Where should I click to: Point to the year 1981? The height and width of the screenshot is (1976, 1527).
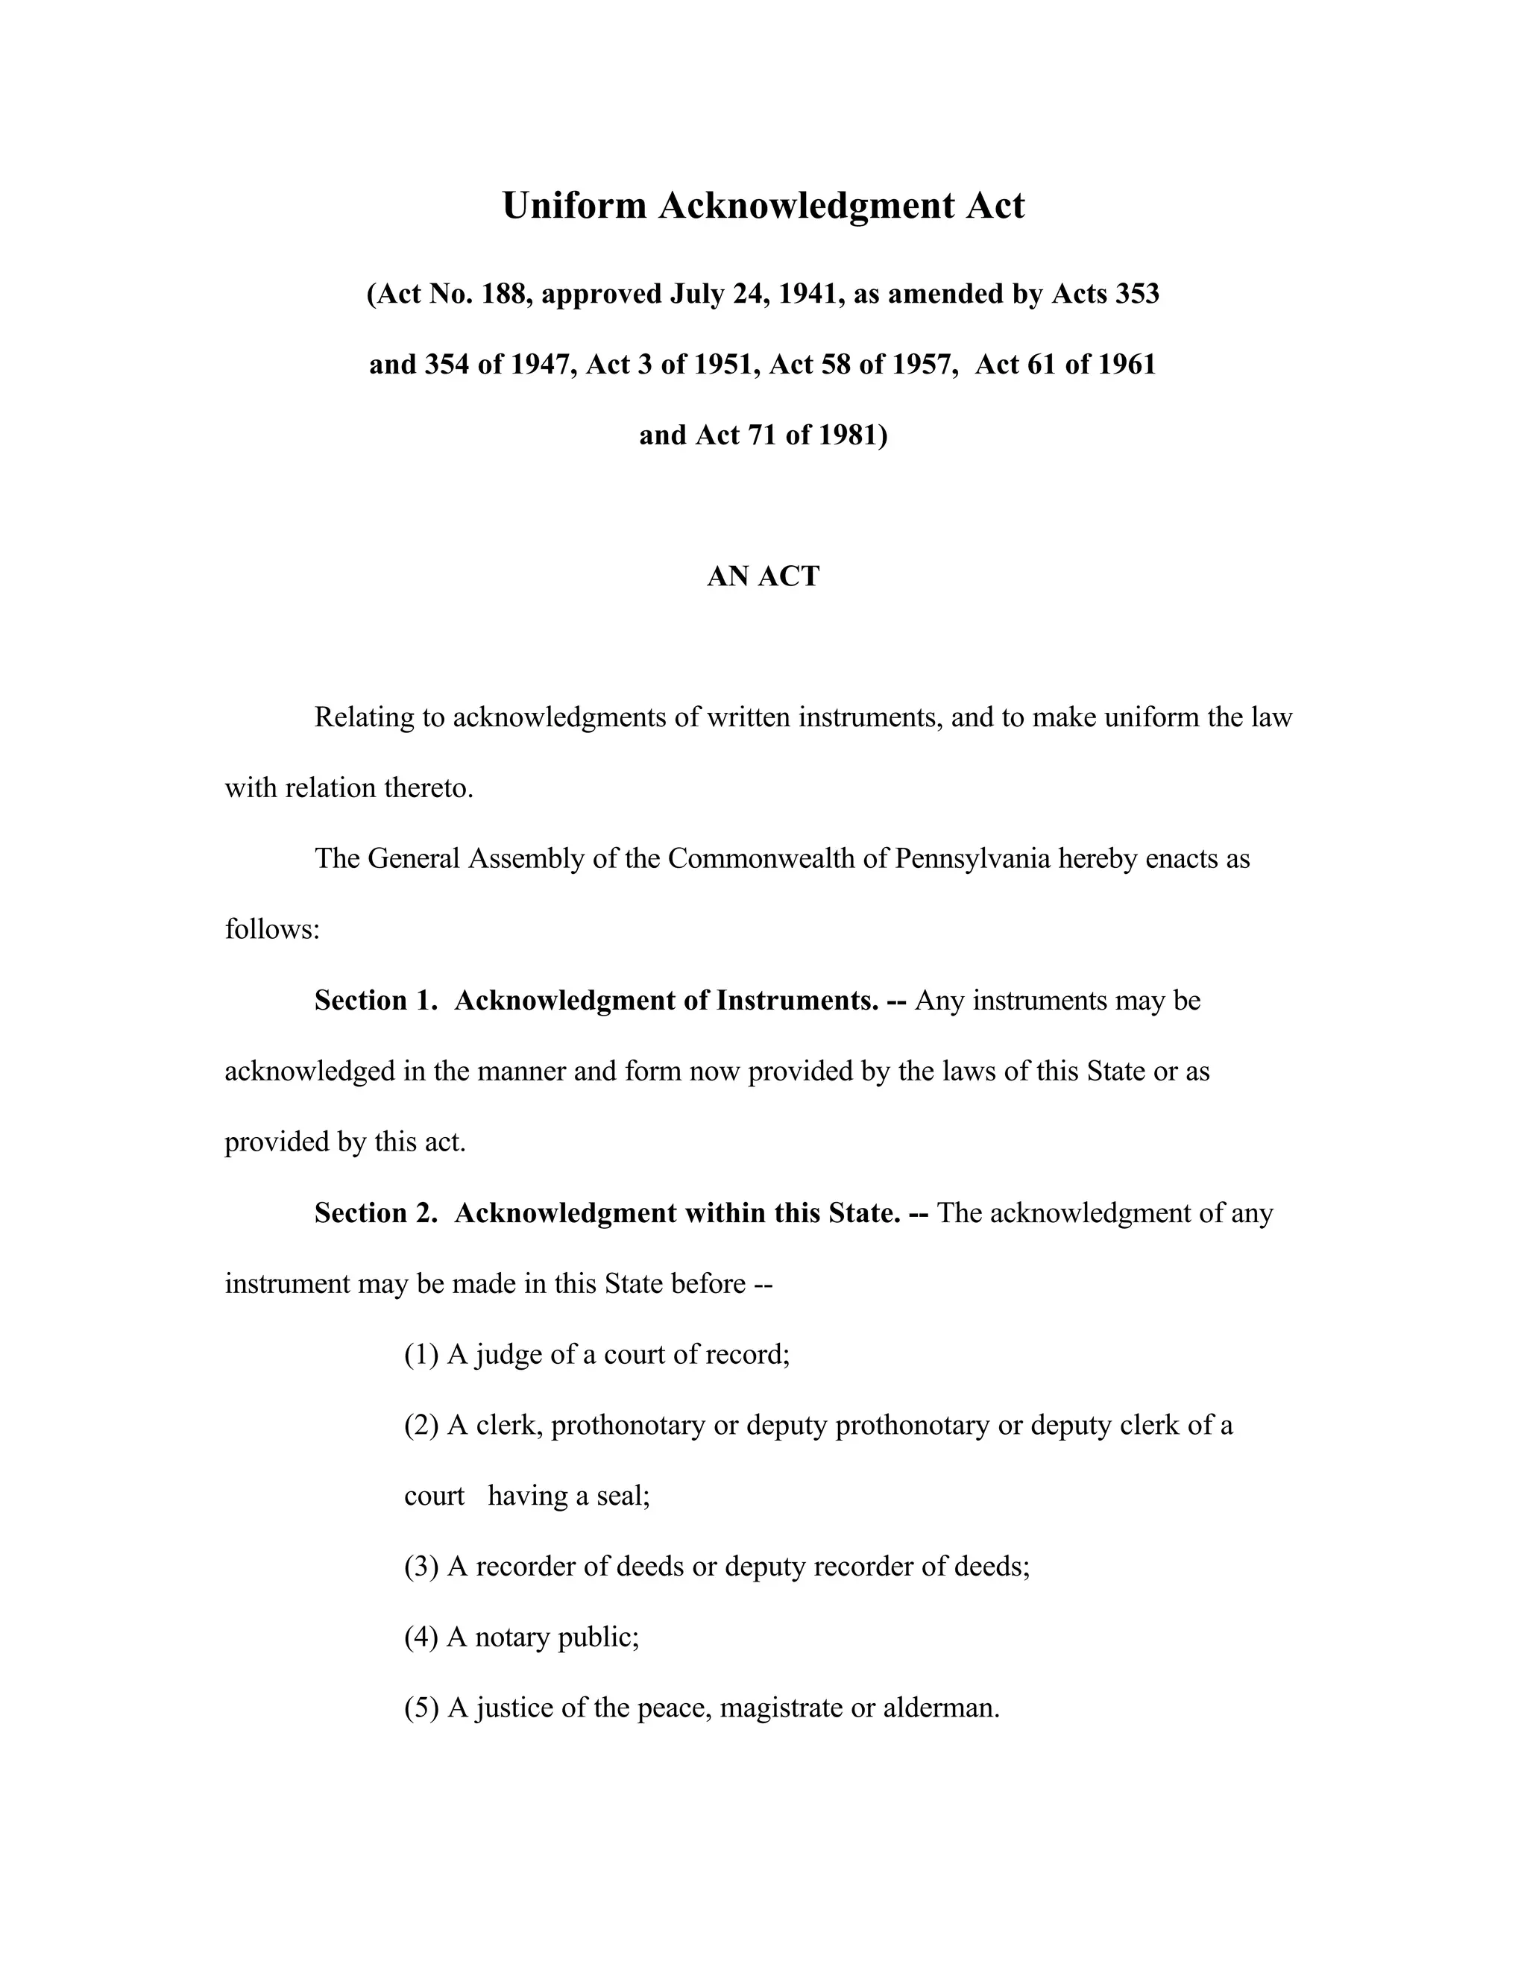[x=852, y=435]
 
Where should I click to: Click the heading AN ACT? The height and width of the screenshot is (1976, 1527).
[x=763, y=576]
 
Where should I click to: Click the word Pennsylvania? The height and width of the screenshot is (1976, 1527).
[x=972, y=858]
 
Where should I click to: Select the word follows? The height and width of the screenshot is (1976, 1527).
[x=271, y=929]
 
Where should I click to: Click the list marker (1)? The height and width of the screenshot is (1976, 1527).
[x=421, y=1354]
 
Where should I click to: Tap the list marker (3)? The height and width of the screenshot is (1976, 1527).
[x=421, y=1566]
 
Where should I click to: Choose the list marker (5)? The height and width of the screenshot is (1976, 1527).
[x=421, y=1708]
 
